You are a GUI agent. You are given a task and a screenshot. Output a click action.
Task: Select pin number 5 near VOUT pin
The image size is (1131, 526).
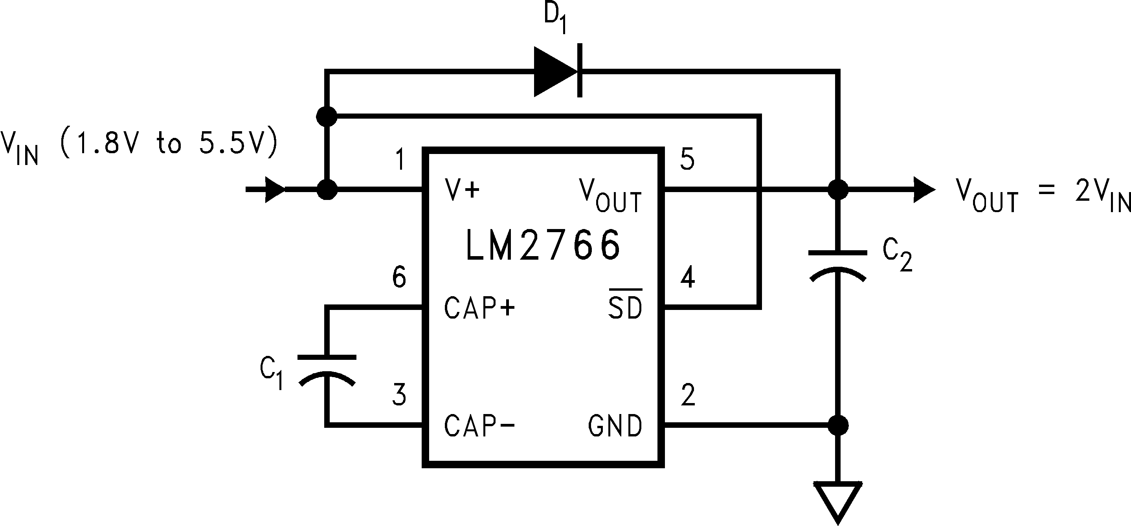coord(687,159)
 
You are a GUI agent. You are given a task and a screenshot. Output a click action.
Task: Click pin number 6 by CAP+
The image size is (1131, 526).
coord(399,277)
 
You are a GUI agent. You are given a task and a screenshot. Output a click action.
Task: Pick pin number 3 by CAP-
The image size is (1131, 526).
coord(399,394)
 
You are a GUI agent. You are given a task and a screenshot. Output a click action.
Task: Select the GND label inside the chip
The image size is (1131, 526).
coord(615,425)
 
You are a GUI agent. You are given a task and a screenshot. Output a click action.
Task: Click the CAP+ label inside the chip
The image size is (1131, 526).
coord(479,308)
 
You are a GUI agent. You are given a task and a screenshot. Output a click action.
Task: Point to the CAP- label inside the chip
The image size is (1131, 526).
coord(479,425)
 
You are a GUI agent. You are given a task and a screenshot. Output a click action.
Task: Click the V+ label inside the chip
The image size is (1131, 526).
coord(462,189)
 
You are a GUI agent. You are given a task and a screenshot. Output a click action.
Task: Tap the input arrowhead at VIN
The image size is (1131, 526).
coord(274,190)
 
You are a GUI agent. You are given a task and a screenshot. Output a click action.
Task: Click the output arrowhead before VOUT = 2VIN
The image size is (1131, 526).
coord(924,190)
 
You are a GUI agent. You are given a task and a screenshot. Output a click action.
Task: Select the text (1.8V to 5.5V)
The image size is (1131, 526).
coord(169,143)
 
